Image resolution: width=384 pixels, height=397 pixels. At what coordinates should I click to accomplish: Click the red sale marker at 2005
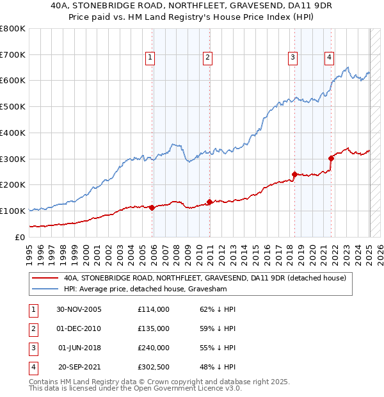pyautogui.click(x=152, y=207)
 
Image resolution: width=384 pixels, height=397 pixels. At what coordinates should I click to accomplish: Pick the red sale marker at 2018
pyautogui.click(x=295, y=174)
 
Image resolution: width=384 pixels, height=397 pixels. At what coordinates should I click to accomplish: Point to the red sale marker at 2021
pyautogui.click(x=332, y=158)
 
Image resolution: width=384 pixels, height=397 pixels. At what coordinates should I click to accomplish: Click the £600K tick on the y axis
pyautogui.click(x=13, y=81)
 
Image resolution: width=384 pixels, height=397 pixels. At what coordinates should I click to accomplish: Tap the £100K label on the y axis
pyautogui.click(x=13, y=211)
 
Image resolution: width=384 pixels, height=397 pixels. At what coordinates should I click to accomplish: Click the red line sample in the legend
pyautogui.click(x=45, y=278)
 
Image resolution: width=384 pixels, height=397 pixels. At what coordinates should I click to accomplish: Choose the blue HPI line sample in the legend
pyautogui.click(x=45, y=289)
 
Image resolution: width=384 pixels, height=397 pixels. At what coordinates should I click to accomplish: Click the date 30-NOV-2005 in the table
pyautogui.click(x=79, y=309)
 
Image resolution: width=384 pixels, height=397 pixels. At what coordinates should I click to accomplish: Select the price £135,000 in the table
pyautogui.click(x=154, y=328)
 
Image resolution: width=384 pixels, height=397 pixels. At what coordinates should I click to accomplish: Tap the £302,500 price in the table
pyautogui.click(x=154, y=368)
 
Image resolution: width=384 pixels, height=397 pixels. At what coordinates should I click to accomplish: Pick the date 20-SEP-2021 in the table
pyautogui.click(x=79, y=368)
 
